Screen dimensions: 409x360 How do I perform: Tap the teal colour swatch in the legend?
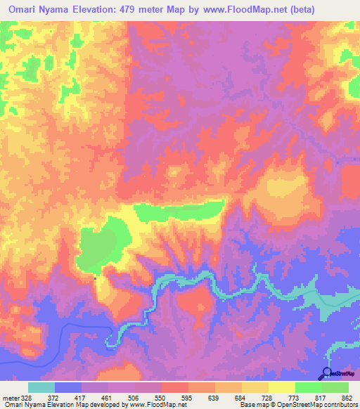pyautogui.click(x=41, y=387)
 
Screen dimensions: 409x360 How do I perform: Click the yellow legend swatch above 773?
pyautogui.click(x=282, y=387)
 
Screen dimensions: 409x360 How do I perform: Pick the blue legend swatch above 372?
pyautogui.click(x=68, y=387)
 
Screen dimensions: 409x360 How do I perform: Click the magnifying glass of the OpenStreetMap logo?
pyautogui.click(x=326, y=373)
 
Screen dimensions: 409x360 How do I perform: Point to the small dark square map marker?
pyautogui.click(x=96, y=278)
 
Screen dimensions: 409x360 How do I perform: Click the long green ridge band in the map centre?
pyautogui.click(x=179, y=209)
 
